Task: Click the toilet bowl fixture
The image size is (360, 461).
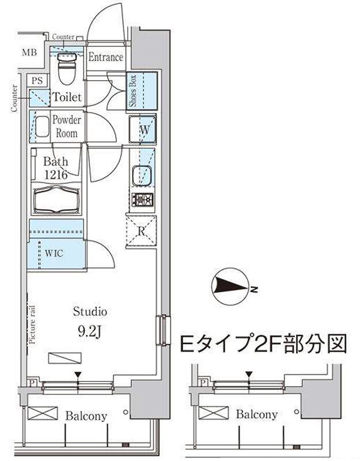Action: click(67, 67)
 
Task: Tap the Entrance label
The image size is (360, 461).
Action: click(106, 57)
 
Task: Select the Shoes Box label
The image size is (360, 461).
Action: click(133, 91)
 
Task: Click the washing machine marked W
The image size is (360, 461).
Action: click(142, 129)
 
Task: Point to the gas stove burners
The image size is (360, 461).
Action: click(142, 200)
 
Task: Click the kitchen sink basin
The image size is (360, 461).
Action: click(142, 176)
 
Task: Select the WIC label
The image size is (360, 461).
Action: click(54, 253)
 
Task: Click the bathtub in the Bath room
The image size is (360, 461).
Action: click(56, 199)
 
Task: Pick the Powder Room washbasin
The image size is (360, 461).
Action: click(42, 127)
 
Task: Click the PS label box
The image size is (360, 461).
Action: click(37, 80)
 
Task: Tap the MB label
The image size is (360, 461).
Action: click(30, 52)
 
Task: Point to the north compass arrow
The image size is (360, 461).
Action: click(230, 285)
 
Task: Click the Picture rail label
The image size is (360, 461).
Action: click(32, 324)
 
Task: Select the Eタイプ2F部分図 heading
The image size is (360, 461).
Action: click(263, 343)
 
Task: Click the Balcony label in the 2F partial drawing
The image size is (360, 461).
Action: click(256, 414)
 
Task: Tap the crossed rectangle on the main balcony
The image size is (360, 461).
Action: click(42, 413)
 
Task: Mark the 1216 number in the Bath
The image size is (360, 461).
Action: click(56, 175)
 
